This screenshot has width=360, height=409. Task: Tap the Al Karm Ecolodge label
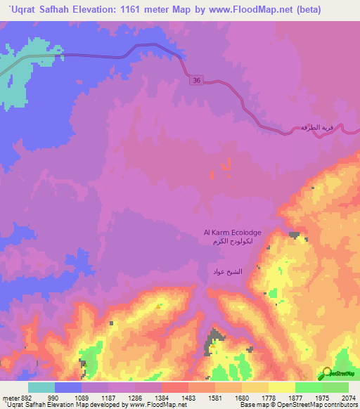(233, 232)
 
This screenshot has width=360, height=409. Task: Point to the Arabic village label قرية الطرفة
(316, 127)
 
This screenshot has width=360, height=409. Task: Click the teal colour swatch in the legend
(41, 387)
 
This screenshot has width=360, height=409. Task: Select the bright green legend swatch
(309, 387)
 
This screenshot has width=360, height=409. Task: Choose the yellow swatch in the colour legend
(282, 387)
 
